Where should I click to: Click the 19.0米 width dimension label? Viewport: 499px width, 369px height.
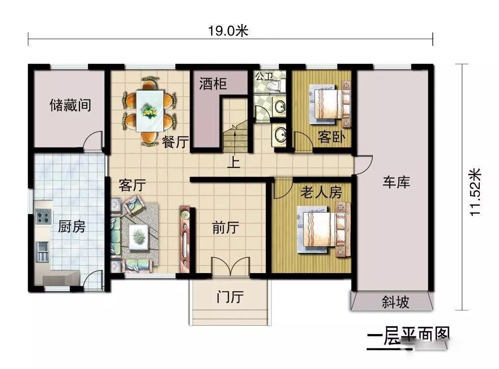(228, 31)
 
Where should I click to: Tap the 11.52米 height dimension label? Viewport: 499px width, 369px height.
(476, 192)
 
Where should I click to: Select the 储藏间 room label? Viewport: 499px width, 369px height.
(70, 105)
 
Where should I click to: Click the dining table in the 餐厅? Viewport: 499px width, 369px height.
(150, 110)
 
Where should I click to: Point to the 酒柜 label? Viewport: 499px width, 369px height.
(213, 84)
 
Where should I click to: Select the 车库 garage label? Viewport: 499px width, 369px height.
(396, 182)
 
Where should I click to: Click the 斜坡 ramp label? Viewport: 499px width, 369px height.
(395, 302)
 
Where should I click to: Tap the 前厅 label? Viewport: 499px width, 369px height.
(225, 228)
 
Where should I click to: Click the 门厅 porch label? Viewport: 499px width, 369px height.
(230, 297)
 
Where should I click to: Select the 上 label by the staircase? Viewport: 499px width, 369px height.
(234, 162)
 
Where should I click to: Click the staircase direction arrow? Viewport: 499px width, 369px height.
(235, 140)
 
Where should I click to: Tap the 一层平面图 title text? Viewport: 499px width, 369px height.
(408, 337)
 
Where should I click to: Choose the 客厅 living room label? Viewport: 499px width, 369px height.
(133, 185)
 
